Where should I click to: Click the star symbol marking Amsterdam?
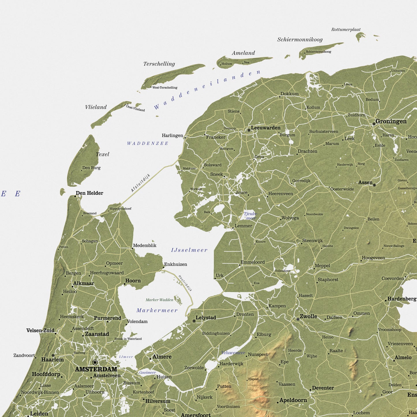tap(95, 362)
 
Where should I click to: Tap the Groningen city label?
tap(391, 121)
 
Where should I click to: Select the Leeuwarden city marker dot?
tap(249, 130)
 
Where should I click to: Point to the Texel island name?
tap(102, 154)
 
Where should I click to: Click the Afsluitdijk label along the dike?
tap(141, 183)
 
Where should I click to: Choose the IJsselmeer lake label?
tap(189, 250)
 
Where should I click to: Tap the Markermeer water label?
tap(157, 311)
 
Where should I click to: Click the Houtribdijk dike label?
tap(185, 283)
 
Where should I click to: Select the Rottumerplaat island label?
tap(346, 30)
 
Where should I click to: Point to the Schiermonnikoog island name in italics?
tap(300, 40)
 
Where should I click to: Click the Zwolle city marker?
tap(298, 319)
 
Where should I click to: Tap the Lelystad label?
tap(206, 318)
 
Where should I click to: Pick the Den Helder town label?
tap(89, 193)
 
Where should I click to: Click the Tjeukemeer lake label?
tap(250, 216)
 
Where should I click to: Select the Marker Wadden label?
tap(159, 300)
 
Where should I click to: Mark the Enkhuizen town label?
tap(175, 264)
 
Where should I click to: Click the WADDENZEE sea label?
tap(147, 143)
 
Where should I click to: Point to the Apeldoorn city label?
tap(293, 400)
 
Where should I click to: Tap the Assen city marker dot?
tap(374, 185)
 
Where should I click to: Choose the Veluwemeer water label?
tap(233, 353)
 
